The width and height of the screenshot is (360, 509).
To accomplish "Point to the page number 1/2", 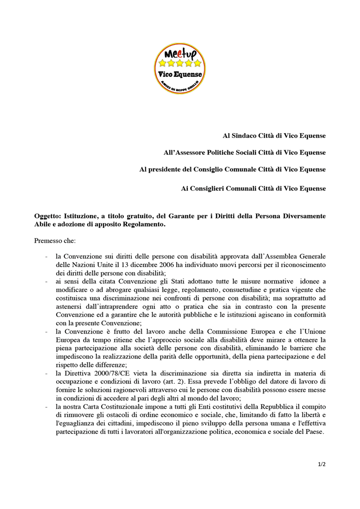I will coord(321,464).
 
